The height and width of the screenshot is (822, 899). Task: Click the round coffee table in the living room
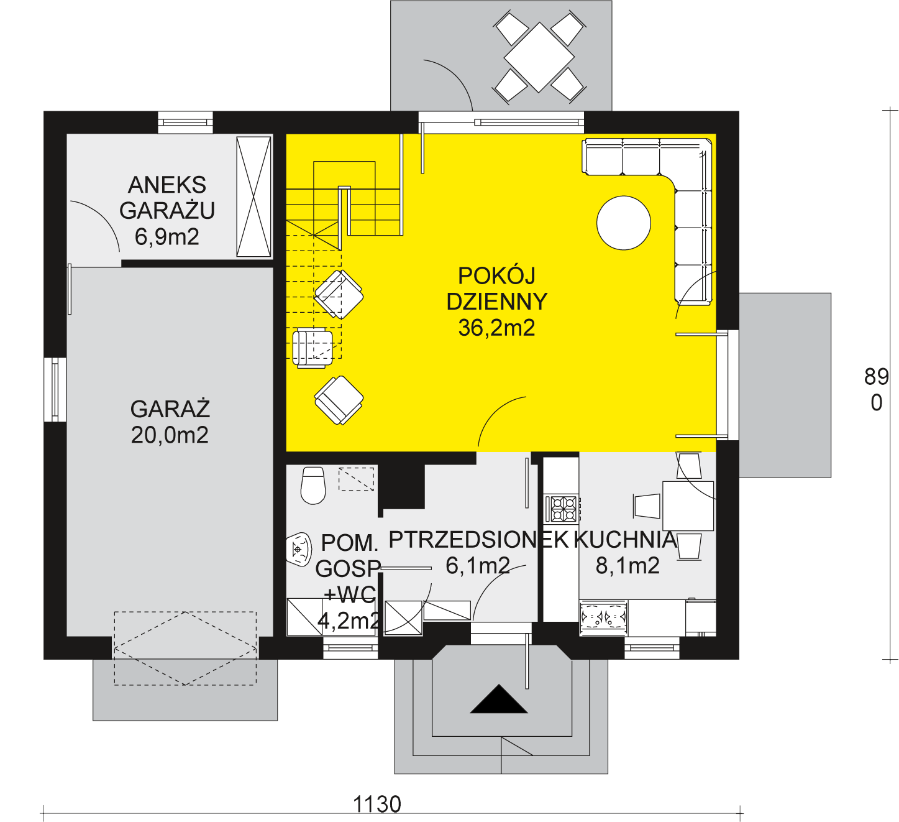coord(623,223)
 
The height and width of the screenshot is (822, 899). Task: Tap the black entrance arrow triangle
coord(499,699)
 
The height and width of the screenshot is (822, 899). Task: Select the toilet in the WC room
coord(313,486)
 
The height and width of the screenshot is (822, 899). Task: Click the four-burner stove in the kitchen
coord(562,509)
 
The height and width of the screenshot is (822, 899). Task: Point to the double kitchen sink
coord(603,617)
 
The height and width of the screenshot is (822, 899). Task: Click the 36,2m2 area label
coord(496,328)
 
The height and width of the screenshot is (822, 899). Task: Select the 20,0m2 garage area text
coord(170,435)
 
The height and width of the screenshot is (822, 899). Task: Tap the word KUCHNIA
coord(626,540)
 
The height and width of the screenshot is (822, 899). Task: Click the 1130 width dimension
coord(377,805)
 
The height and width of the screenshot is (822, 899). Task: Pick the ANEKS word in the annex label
coord(167,185)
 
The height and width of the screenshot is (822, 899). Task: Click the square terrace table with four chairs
coord(539,57)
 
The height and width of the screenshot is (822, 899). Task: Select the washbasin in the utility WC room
coord(299,548)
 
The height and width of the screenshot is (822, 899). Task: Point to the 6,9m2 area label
coord(167,237)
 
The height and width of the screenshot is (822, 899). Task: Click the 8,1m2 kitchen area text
coord(627,566)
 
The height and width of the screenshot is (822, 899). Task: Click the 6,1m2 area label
coord(478,566)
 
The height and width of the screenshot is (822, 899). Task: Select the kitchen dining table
coord(688,506)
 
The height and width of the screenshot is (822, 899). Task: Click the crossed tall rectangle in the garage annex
coord(253,196)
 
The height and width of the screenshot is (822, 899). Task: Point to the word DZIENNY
coord(496,302)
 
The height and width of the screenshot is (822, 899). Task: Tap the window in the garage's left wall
coord(55,389)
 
